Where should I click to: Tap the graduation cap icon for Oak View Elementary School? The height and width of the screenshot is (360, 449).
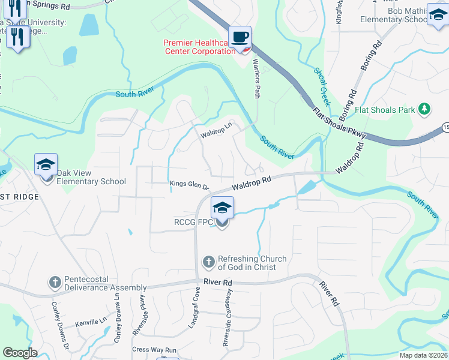46,165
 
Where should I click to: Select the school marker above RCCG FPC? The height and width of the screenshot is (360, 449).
222,208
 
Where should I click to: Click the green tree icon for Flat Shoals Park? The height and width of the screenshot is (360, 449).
424,109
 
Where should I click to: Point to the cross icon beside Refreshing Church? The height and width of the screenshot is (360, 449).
209,262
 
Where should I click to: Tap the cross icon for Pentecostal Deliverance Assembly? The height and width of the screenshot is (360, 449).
55,282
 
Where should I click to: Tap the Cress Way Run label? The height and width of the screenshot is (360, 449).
154,349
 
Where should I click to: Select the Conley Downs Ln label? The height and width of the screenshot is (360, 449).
116,322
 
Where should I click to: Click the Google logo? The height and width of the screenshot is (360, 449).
20,353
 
